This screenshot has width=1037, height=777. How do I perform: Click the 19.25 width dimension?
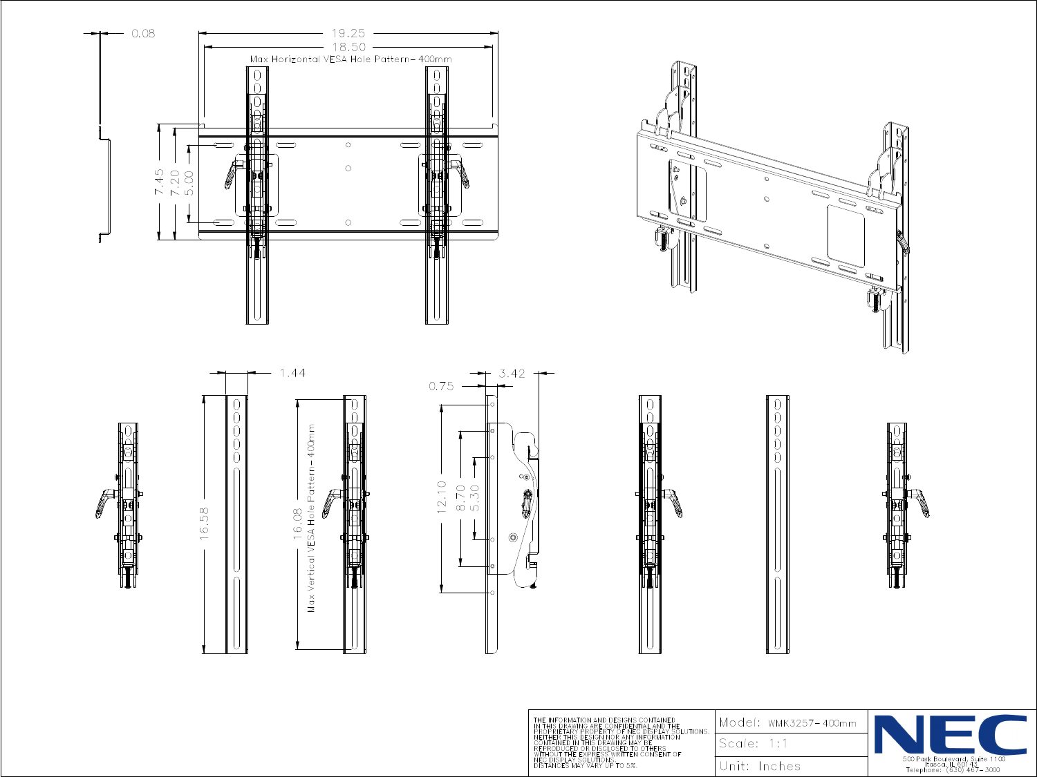348,33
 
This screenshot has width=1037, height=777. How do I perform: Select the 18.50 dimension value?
348,47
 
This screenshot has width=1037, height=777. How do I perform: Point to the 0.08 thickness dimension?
143,33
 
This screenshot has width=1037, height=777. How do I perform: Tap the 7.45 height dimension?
160,182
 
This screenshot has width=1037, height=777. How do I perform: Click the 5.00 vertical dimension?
189,182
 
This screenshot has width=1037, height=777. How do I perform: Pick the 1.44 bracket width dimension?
292,373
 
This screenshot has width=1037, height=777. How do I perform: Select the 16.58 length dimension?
205,524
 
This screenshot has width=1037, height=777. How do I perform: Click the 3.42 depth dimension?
512,374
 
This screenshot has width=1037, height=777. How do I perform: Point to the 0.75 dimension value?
441,386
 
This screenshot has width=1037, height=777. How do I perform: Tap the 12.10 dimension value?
442,497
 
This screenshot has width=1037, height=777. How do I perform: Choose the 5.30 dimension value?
475,498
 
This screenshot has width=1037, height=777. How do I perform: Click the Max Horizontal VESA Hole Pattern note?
351,59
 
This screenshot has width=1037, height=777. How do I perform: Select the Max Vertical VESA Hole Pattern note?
312,518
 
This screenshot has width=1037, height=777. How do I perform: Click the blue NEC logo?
951,734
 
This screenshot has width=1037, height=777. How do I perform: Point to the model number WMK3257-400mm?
812,723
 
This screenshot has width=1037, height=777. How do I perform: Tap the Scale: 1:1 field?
753,744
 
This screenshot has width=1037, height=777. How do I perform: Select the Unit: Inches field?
760,766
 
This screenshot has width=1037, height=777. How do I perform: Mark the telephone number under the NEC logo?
952,769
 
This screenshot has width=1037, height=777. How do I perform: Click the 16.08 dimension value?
298,524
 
